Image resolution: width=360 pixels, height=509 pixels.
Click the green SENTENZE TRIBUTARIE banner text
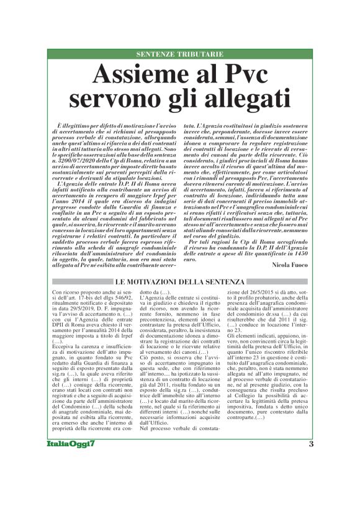179,55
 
